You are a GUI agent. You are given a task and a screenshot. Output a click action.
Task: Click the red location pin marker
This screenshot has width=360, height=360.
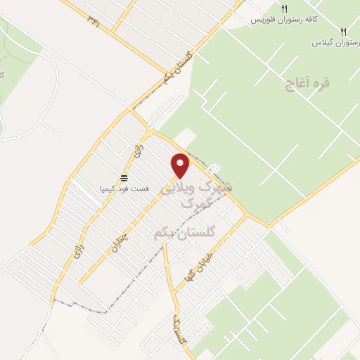coord(181,165)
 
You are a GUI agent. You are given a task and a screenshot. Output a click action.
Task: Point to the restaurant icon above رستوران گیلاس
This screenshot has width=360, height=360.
coord(343,32)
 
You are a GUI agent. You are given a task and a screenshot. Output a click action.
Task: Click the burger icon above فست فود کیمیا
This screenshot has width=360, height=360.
coord(124,177)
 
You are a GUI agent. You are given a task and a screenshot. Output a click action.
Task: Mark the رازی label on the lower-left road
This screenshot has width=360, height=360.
coord(78,252)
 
